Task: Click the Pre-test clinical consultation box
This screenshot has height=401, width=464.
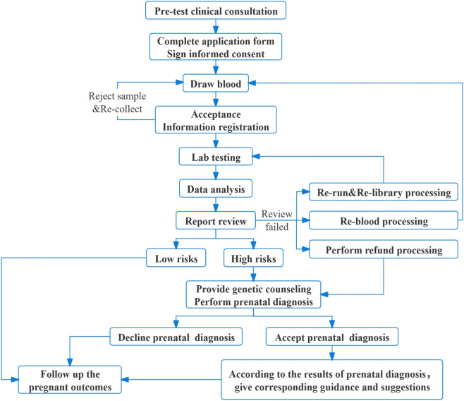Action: pos(216,11)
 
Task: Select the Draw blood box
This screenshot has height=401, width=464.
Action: pos(216,83)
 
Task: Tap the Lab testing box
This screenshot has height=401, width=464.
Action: pos(216,156)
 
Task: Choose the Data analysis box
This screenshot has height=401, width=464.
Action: pos(216,188)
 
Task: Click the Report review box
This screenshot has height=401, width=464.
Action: pos(216,220)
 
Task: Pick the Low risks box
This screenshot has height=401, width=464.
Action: pos(176,258)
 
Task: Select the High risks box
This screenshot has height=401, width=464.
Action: pos(253,258)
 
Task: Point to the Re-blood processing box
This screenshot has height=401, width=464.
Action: pos(384,220)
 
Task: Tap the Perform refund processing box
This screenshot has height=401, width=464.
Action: pos(384,249)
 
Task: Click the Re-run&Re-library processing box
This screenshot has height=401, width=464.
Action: pos(384,192)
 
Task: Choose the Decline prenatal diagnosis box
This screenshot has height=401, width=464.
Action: pos(176,337)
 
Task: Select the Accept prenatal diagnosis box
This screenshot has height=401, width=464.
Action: pos(332,337)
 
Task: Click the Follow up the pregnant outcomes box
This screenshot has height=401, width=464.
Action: pos(70,380)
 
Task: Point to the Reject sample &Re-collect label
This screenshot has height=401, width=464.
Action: pos(117,102)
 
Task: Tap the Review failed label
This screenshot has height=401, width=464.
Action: pos(276,220)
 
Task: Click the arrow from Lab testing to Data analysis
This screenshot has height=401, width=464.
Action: pos(216,172)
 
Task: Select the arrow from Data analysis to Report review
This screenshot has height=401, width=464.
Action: pos(216,204)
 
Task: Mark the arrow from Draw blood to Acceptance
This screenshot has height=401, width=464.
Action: pos(216,100)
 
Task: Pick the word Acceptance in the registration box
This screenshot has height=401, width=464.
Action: pos(216,114)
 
